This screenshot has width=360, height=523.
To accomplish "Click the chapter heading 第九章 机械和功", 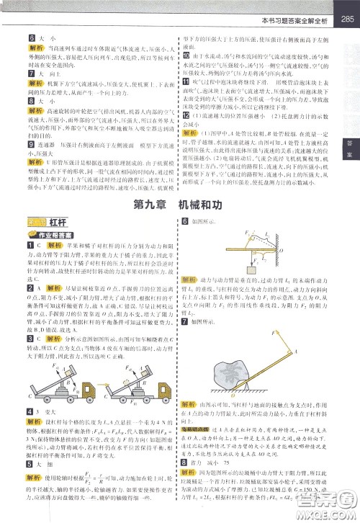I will [x=179, y=205].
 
